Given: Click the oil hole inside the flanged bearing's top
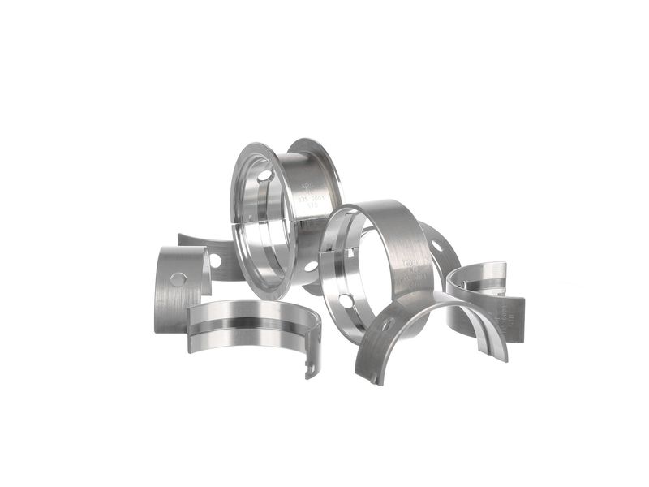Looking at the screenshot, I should [265, 175].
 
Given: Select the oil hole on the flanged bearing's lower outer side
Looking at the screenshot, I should [311, 265].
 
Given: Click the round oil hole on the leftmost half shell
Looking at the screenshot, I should [178, 279].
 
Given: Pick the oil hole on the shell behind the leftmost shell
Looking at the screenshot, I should [215, 261].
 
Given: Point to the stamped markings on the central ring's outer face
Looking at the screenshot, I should [413, 276].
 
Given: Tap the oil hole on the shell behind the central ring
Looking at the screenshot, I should [437, 245].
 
